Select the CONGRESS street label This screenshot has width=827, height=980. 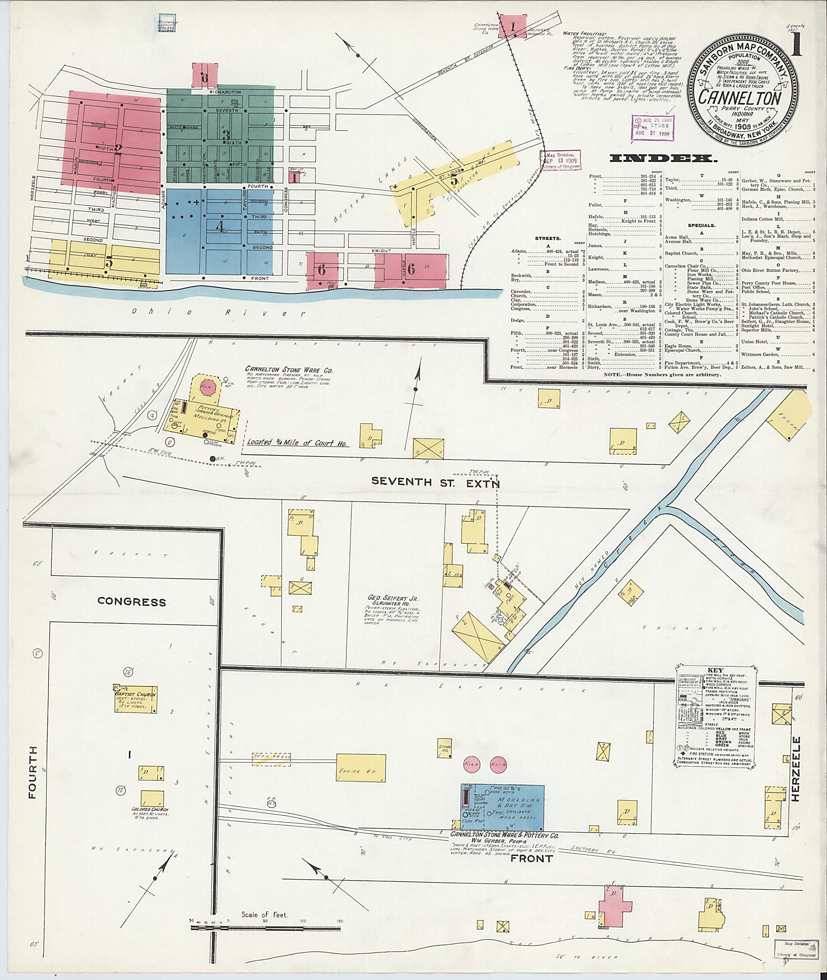[131, 602]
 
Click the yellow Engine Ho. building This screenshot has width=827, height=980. [361, 768]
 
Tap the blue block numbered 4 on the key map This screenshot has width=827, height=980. [219, 226]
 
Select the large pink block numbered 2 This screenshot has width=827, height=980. [117, 149]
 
